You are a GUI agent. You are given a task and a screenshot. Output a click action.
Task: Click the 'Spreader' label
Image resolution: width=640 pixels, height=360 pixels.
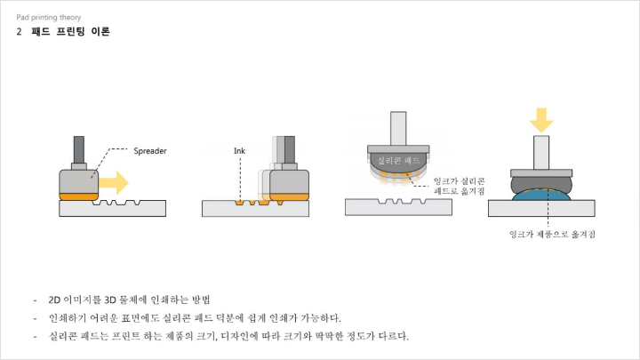coord(150,151)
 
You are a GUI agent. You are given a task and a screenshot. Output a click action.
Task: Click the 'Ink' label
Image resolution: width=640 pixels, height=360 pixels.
coord(239,151)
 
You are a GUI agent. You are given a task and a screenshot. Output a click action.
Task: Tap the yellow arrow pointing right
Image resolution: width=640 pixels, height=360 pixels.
coord(114,182)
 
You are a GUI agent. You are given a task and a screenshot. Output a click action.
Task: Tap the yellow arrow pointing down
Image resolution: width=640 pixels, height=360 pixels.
coord(541,120)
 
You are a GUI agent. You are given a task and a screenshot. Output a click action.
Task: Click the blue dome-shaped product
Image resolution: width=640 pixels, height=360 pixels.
coord(541,195)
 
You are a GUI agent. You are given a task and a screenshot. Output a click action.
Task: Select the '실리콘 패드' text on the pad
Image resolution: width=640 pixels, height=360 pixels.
coord(398,160)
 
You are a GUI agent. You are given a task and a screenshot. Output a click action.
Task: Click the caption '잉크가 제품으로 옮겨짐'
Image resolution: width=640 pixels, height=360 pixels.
coord(552,235)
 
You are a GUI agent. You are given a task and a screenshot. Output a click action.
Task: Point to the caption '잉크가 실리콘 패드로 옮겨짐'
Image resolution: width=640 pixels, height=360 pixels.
coord(460,186)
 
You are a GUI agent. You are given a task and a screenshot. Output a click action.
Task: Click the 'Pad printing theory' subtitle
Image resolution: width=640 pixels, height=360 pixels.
coord(49,17)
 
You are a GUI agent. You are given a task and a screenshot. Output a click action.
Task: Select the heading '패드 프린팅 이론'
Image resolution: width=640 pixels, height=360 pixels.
coord(70,31)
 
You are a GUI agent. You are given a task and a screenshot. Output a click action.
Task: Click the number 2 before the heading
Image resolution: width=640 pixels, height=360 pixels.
coord(20,31)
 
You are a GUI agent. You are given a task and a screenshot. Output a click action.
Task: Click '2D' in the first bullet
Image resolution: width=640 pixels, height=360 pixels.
coord(54,300)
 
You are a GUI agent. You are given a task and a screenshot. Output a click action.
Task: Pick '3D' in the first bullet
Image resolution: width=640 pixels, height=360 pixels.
coord(110,300)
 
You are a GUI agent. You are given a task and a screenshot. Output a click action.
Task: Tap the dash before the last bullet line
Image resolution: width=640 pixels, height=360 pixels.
coord(35,337)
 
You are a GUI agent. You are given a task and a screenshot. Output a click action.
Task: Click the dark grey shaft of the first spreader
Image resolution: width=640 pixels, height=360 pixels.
coord(79,150)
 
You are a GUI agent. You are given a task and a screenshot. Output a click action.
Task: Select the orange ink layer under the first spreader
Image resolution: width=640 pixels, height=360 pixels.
coord(79,196)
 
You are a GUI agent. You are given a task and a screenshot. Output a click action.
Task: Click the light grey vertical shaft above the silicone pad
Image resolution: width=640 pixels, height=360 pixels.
coord(398,128)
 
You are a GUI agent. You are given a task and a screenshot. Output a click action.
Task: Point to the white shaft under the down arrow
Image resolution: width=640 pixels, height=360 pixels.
coord(541,153)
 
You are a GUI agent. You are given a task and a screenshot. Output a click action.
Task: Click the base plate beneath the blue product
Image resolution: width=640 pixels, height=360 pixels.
coord(541,208)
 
